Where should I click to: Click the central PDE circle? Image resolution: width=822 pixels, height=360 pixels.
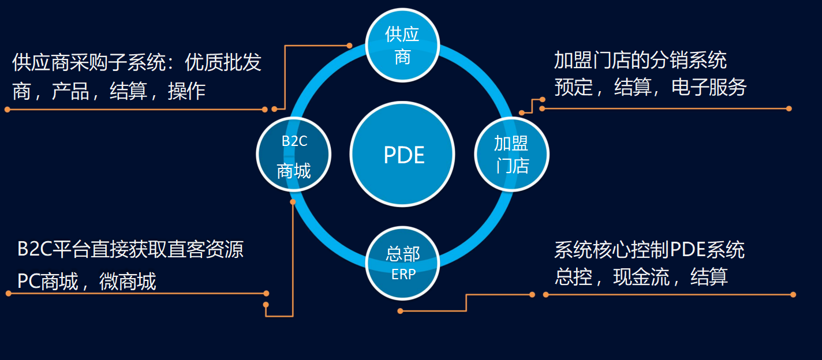tap(403, 155)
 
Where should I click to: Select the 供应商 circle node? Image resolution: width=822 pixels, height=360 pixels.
tap(402, 45)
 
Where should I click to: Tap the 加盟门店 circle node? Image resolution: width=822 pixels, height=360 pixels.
tap(511, 154)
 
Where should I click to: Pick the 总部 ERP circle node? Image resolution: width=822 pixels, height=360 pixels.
tap(402, 263)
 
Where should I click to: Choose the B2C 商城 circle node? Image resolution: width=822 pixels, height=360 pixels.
tap(294, 155)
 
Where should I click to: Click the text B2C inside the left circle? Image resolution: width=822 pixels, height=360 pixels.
tap(294, 141)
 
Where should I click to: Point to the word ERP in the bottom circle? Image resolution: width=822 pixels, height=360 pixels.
tap(403, 275)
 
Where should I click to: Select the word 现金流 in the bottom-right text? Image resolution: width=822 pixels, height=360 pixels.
tap(641, 277)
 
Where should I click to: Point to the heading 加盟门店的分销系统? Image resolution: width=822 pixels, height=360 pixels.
tap(640, 60)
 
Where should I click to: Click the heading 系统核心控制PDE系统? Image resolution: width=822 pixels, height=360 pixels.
tap(649, 250)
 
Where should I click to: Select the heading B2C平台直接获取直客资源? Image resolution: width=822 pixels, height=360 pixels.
tap(130, 249)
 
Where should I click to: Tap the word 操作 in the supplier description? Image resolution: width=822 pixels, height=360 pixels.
tap(186, 91)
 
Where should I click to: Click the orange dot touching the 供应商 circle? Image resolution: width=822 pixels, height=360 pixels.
tap(349, 45)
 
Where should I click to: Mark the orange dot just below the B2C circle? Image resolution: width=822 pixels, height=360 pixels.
tap(293, 202)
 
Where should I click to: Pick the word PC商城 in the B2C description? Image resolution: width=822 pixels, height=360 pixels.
tap(48, 282)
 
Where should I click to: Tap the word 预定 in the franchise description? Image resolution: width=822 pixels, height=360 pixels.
tap(573, 87)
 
